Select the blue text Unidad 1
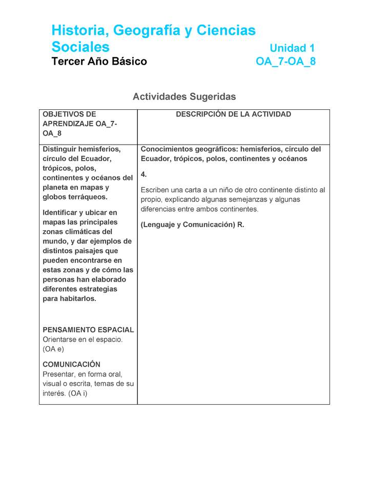(x=292, y=48)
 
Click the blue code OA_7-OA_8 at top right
(x=285, y=62)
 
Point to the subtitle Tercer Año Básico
(x=99, y=62)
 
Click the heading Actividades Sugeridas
(x=184, y=96)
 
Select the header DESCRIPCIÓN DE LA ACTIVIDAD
(x=233, y=114)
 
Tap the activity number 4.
(x=143, y=174)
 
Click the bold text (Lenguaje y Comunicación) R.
(x=192, y=225)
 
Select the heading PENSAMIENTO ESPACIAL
(x=88, y=330)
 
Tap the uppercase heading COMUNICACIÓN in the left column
(x=71, y=365)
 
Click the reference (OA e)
(x=53, y=349)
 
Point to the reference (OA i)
(x=77, y=393)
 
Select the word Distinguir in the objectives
(x=60, y=149)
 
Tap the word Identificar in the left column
(x=61, y=212)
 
